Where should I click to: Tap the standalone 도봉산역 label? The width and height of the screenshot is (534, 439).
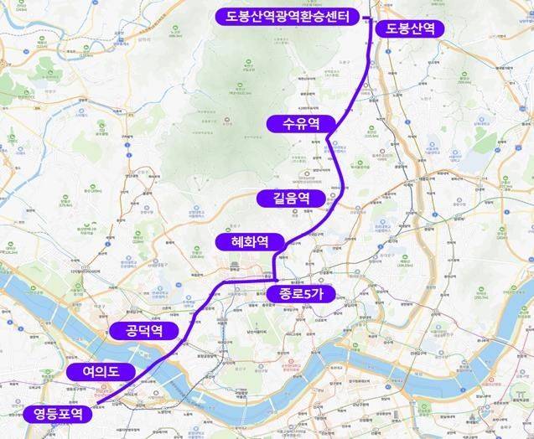tap(410, 28)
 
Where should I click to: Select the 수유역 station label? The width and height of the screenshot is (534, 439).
tap(297, 124)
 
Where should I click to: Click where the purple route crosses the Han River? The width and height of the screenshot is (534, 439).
tap(159, 361)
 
